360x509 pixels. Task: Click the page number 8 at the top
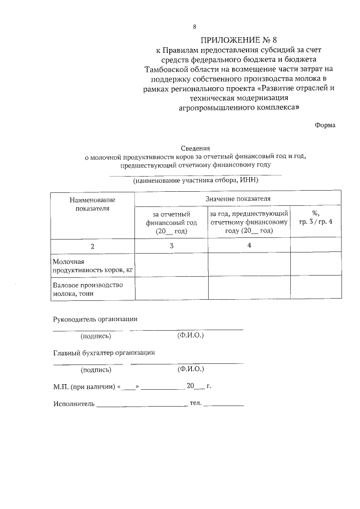[195, 26]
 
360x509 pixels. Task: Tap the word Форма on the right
[325, 125]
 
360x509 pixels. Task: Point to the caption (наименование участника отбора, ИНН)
[195, 181]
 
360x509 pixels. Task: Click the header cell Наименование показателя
[92, 204]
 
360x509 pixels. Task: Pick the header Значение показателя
[237, 199]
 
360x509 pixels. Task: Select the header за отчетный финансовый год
[172, 222]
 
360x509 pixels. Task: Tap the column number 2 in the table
[92, 246]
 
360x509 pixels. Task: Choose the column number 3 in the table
[172, 246]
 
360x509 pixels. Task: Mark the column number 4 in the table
[249, 246]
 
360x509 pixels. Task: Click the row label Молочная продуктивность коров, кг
[92, 266]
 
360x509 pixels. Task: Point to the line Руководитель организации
[95, 319]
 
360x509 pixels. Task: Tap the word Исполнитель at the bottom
[74, 404]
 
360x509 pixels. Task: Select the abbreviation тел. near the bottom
[196, 403]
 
